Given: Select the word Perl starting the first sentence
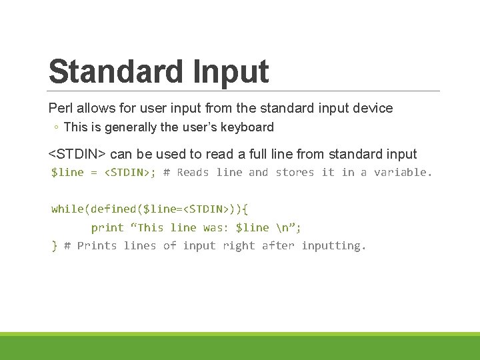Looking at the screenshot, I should pyautogui.click(x=60, y=108).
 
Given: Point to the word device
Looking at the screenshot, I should pyautogui.click(x=373, y=108).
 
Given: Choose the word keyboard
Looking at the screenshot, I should pyautogui.click(x=249, y=127).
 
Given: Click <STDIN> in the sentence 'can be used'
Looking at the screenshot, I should pyautogui.click(x=77, y=155).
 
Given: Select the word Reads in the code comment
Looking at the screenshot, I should pyautogui.click(x=193, y=173).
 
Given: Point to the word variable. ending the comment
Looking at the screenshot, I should pyautogui.click(x=403, y=173).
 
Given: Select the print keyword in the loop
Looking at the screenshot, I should pyautogui.click(x=107, y=227).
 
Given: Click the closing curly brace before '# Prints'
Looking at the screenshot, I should pyautogui.click(x=54, y=246).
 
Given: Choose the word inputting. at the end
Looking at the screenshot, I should pyautogui.click(x=333, y=246).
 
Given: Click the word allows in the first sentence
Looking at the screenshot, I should pyautogui.click(x=93, y=108).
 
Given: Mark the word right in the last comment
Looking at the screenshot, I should pyautogui.click(x=239, y=246).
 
